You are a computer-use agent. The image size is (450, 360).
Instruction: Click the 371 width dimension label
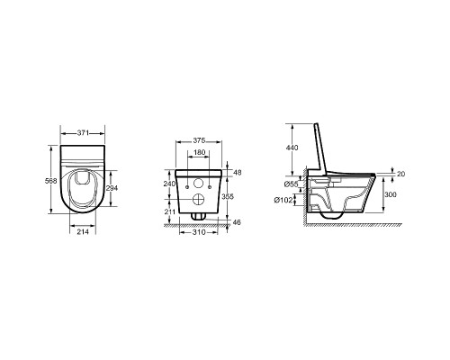coord(83,133)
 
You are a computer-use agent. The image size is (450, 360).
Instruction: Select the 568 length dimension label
coord(50,181)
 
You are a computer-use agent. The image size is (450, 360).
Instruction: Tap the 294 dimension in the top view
coord(112,188)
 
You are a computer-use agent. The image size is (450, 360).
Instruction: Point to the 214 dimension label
coord(83,231)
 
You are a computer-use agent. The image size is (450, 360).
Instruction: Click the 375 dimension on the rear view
coord(199,140)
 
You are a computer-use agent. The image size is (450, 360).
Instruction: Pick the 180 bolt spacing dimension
coord(199,152)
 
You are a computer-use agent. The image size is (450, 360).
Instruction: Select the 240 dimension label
coord(169,184)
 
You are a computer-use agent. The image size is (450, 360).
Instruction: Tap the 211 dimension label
coord(170,211)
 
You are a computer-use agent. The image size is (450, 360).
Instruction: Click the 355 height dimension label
coord(228,196)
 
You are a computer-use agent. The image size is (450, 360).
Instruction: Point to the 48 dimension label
coord(238,173)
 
